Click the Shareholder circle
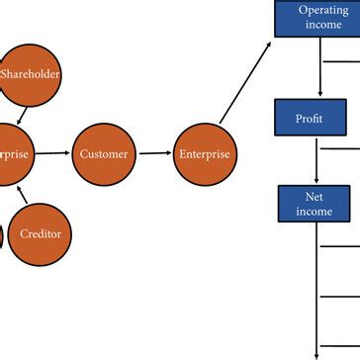tap(30, 74)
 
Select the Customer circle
tap(104, 153)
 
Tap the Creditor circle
tap(40, 233)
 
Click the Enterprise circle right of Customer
tap(204, 153)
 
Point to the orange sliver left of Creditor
tap(1, 235)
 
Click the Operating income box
tap(323, 18)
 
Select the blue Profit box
tap(310, 118)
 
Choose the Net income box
tap(314, 204)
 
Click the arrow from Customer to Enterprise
tap(153, 153)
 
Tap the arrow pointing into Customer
tap(59, 153)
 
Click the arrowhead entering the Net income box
tap(315, 181)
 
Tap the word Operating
tap(323, 10)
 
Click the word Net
tap(314, 197)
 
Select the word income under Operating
tap(323, 25)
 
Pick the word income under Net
tap(314, 212)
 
